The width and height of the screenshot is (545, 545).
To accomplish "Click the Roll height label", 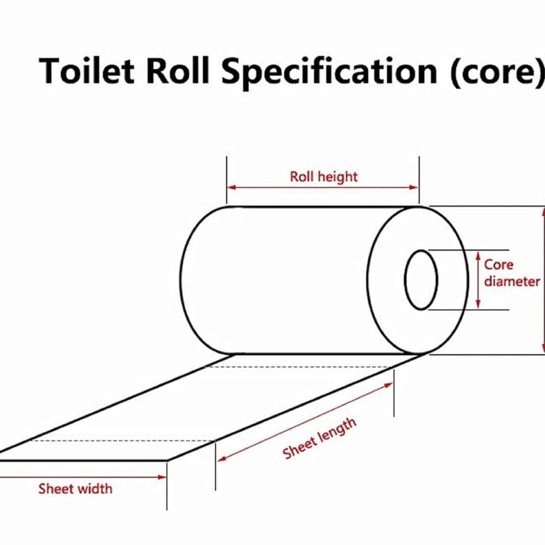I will tap(323, 177).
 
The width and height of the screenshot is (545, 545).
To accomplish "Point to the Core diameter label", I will tap(511, 273).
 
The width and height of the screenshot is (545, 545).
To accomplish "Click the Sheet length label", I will tap(319, 438).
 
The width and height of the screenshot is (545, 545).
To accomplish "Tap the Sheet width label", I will tap(75, 488).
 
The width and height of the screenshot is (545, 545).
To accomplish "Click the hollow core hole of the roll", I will tap(421, 280).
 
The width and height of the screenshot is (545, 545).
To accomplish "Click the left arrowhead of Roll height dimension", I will tap(231, 187).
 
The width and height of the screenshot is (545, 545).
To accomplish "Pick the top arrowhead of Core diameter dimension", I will tap(478, 254).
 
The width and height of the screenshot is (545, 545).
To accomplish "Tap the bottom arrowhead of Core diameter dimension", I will tap(478, 305).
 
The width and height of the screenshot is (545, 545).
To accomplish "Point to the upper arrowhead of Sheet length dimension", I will tap(388, 385).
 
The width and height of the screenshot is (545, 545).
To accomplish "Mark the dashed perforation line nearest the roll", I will tap(303, 366).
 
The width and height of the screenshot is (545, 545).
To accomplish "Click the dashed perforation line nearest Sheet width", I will tap(121, 441).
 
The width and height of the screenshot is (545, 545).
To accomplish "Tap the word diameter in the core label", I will tap(512, 281).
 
